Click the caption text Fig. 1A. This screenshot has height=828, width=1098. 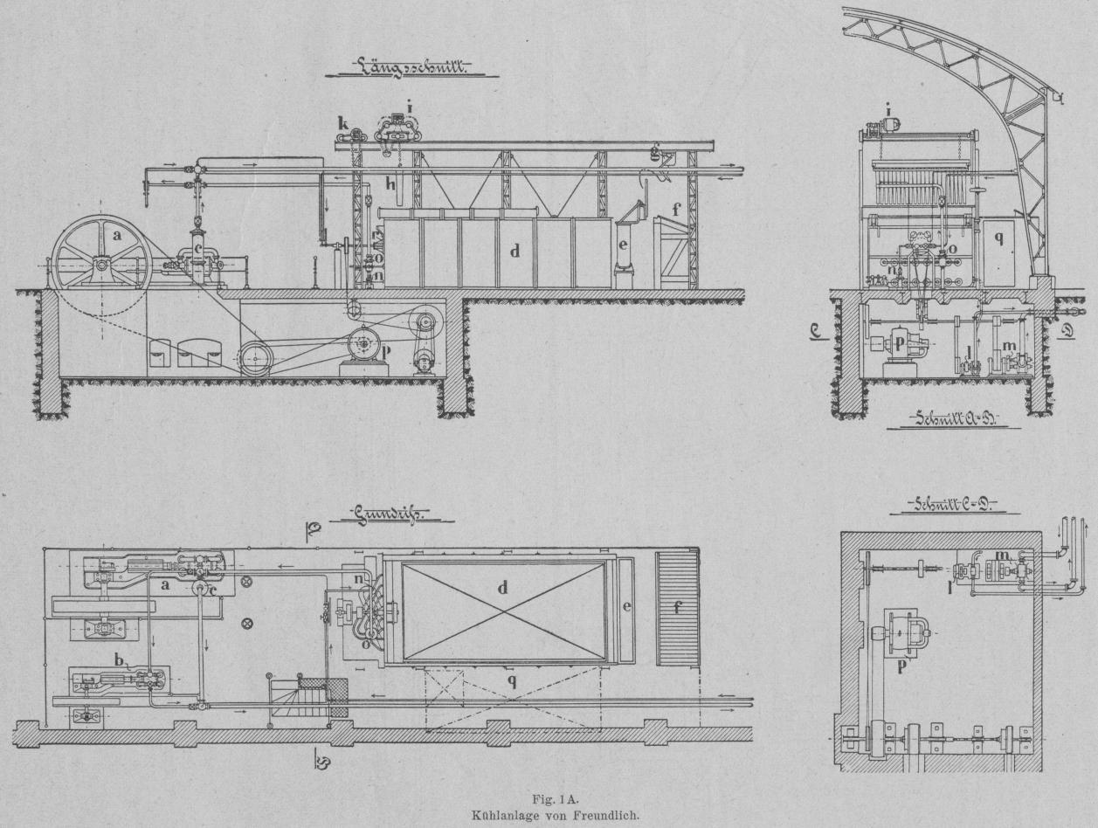coord(548,797)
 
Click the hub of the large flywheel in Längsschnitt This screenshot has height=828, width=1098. coord(101,262)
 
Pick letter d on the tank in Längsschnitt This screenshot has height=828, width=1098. coord(515,252)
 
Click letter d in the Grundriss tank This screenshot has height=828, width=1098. coord(502,588)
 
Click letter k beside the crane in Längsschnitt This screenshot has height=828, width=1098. coord(343,125)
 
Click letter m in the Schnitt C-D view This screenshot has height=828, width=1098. coord(1002,555)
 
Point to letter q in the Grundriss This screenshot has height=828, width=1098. coord(513,681)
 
